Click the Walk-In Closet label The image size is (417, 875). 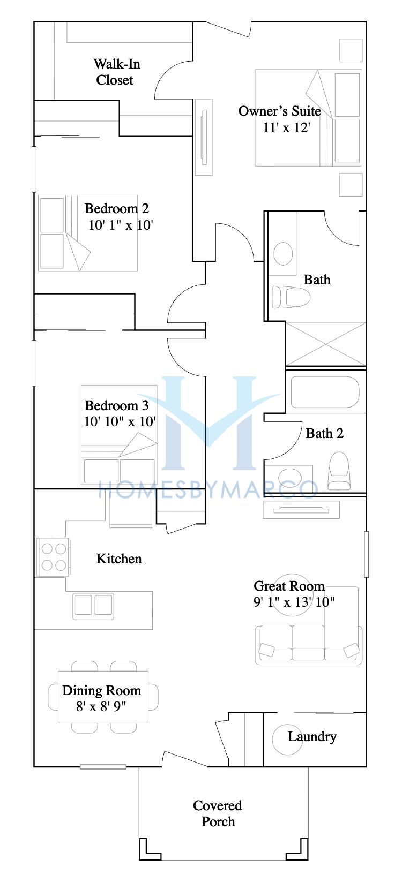[x=116, y=72]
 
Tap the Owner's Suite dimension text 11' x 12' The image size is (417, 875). [x=286, y=128]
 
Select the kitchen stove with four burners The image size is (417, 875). [x=53, y=557]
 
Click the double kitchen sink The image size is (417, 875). [x=93, y=606]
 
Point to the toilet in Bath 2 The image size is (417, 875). [x=338, y=471]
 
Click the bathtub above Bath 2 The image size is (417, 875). [x=325, y=392]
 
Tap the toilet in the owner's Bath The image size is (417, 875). [x=291, y=297]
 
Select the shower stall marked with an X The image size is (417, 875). [x=326, y=344]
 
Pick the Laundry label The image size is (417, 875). [x=312, y=737]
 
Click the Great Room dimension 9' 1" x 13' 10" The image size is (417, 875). [x=294, y=602]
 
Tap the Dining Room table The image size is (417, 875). [x=103, y=697]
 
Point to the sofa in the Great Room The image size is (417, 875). [x=309, y=645]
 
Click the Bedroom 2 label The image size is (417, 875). [x=116, y=209]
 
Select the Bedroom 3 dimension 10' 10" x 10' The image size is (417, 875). [x=120, y=422]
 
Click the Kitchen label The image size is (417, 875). [x=119, y=559]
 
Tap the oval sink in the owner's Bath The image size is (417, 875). [x=283, y=253]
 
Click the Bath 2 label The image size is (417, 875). [x=324, y=434]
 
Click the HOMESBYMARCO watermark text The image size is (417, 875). [x=208, y=489]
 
